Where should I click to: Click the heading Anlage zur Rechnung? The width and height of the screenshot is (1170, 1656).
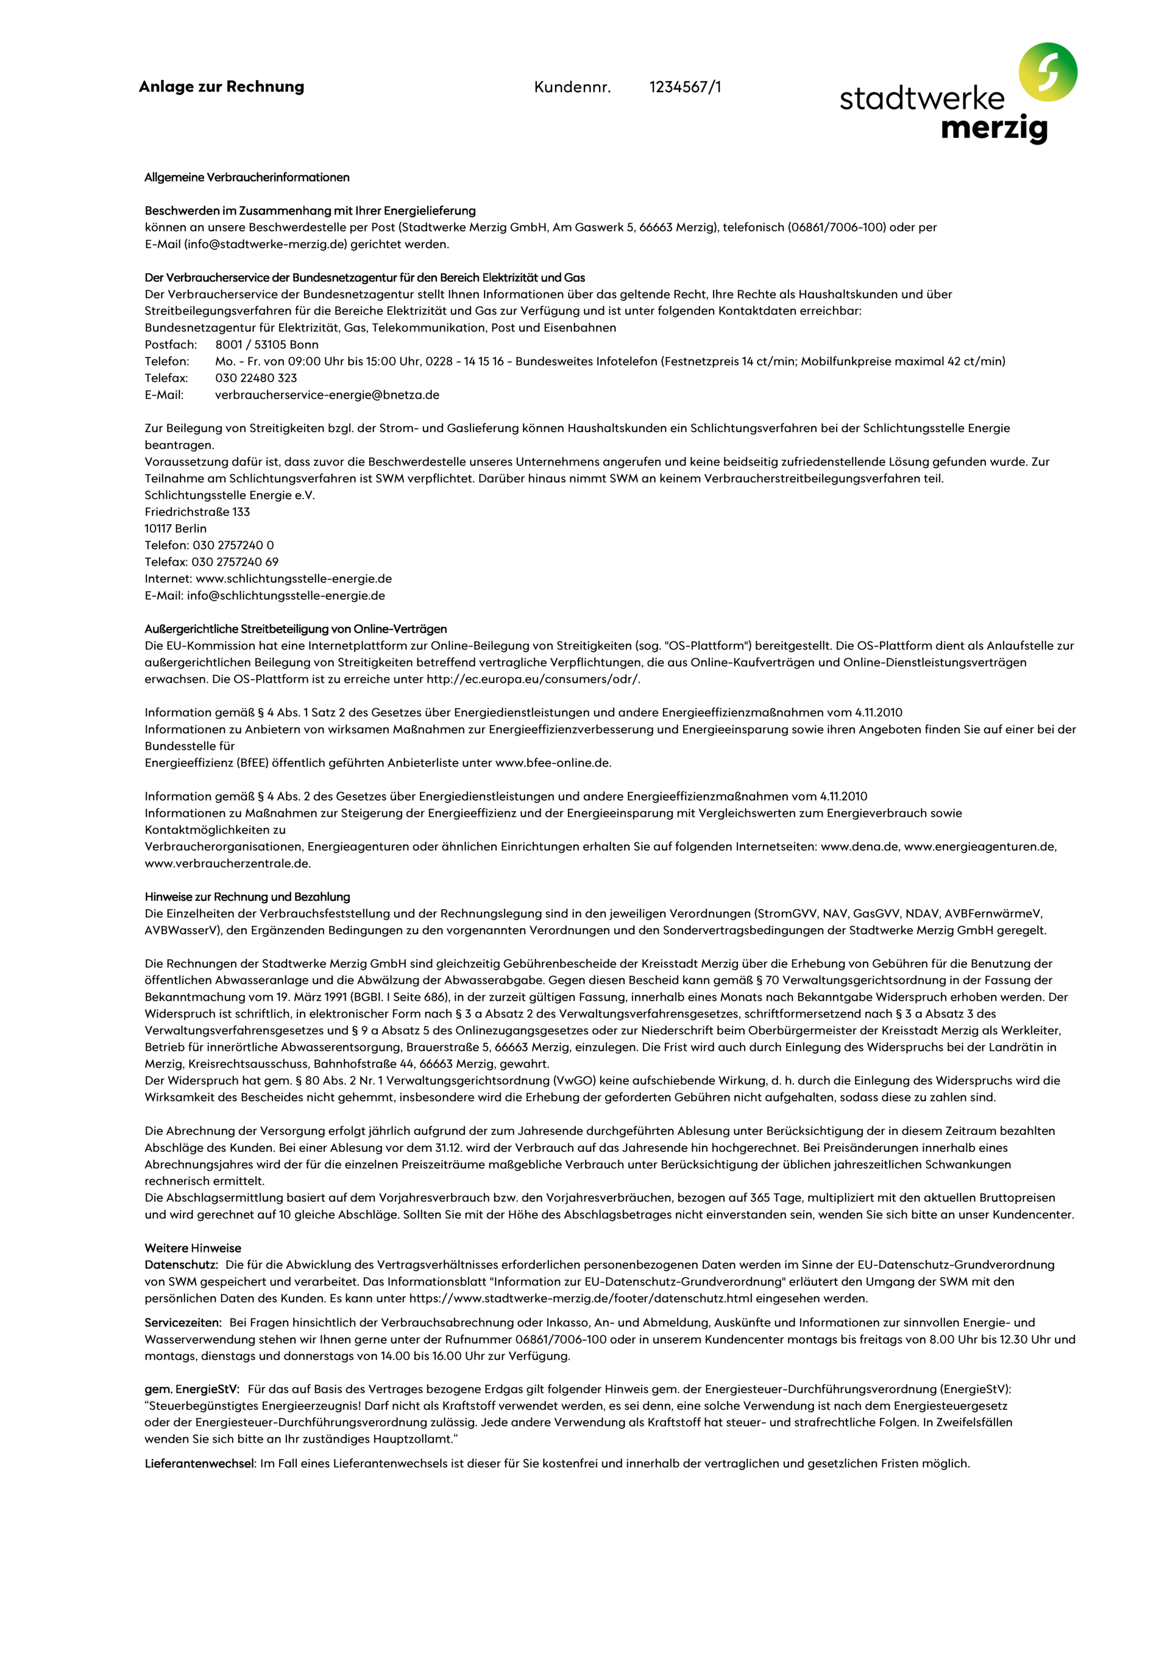click(x=221, y=87)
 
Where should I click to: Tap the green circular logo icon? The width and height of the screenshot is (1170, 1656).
click(x=1048, y=72)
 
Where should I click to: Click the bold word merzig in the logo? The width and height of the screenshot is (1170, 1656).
click(x=994, y=129)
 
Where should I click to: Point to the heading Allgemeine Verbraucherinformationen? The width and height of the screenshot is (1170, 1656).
click(x=247, y=177)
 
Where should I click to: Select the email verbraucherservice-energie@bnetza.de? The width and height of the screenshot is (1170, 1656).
click(x=327, y=394)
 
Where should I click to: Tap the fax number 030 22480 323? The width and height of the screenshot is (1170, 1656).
click(x=256, y=378)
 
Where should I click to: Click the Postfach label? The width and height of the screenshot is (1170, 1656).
click(x=171, y=345)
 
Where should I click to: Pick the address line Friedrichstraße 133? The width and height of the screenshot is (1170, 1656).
click(x=197, y=512)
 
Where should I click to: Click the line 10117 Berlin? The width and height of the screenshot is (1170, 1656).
click(x=175, y=528)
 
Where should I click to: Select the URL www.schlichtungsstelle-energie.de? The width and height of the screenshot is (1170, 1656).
click(x=294, y=578)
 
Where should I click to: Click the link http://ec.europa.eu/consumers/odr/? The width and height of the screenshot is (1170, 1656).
click(x=533, y=679)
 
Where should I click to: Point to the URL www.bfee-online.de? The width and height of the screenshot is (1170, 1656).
click(x=553, y=762)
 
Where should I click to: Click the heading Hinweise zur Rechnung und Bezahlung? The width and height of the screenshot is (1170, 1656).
click(x=247, y=897)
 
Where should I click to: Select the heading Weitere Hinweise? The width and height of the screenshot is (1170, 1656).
click(x=193, y=1248)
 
